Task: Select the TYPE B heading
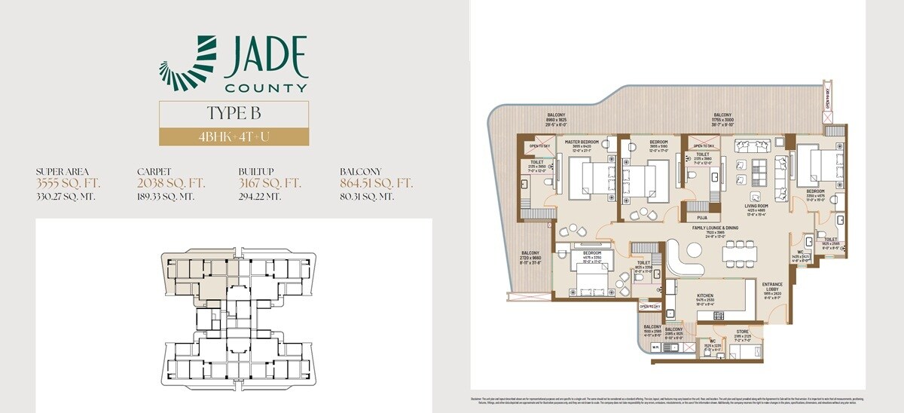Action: [233, 114]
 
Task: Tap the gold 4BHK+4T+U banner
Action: [233, 137]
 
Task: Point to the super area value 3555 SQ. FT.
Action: [68, 183]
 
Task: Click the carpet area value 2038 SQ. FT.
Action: [170, 183]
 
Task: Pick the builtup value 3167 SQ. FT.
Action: [270, 183]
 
